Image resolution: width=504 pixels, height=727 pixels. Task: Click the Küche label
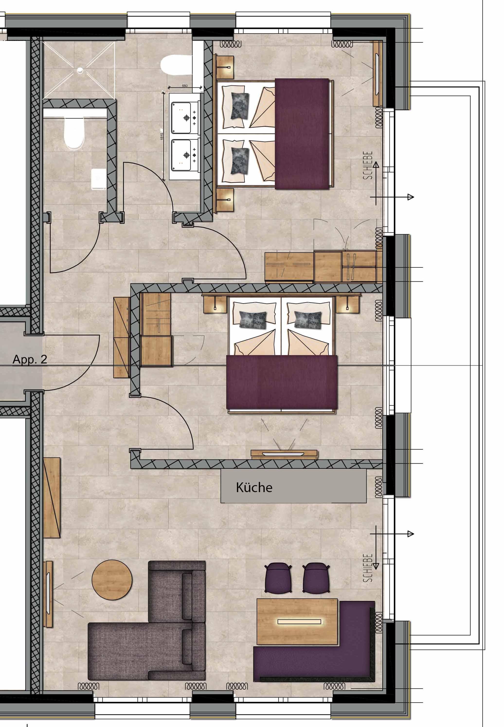(254, 488)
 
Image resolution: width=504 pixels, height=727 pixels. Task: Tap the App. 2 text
(30, 359)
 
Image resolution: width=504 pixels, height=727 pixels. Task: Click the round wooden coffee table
(112, 580)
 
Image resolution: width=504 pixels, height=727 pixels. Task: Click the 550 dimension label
(185, 86)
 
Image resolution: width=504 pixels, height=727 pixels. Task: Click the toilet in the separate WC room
(74, 133)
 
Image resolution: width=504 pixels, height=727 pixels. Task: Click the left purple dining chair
(278, 578)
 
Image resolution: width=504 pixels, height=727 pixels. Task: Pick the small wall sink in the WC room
(99, 179)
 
